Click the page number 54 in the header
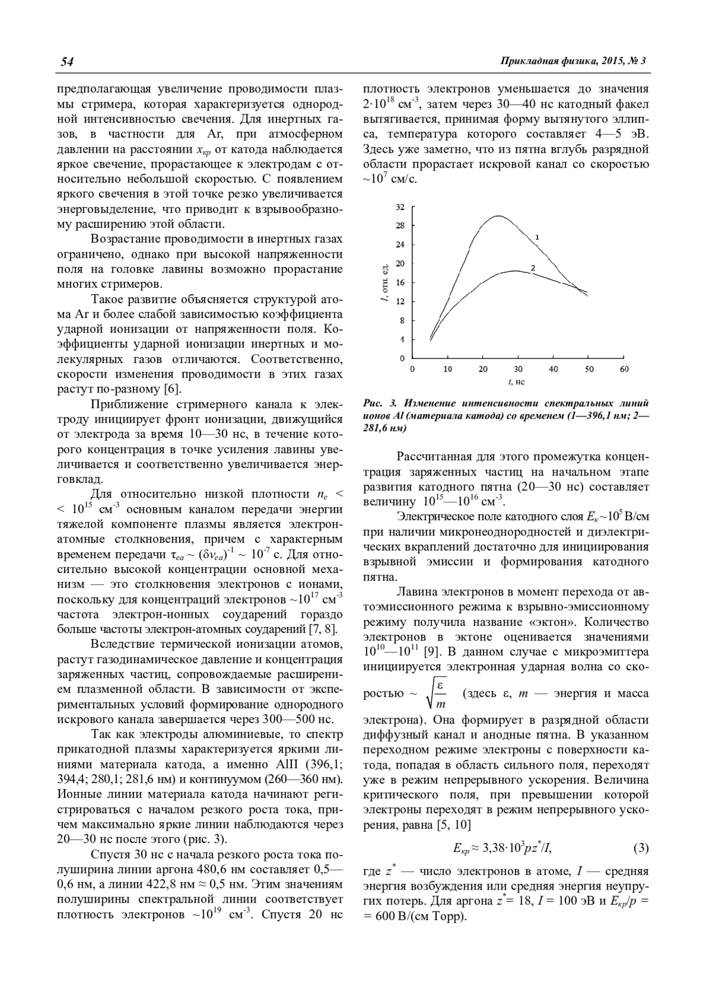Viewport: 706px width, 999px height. click(x=66, y=62)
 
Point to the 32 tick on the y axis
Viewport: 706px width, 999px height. click(x=401, y=207)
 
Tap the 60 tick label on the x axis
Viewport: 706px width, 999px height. click(x=624, y=369)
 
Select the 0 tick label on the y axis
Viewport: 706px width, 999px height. click(x=402, y=358)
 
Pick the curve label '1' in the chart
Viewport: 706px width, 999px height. click(x=537, y=237)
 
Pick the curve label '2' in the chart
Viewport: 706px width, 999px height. click(x=532, y=268)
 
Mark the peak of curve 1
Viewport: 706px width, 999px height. click(x=498, y=216)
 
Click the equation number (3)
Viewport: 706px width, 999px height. click(x=641, y=848)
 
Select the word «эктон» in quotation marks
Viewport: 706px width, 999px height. click(x=544, y=622)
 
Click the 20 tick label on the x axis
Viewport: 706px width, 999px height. click(x=483, y=369)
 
